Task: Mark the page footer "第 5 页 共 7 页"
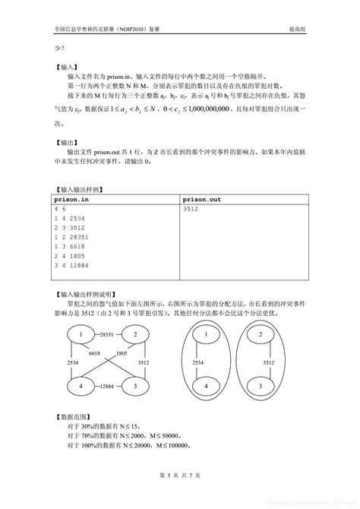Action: (179, 475)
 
